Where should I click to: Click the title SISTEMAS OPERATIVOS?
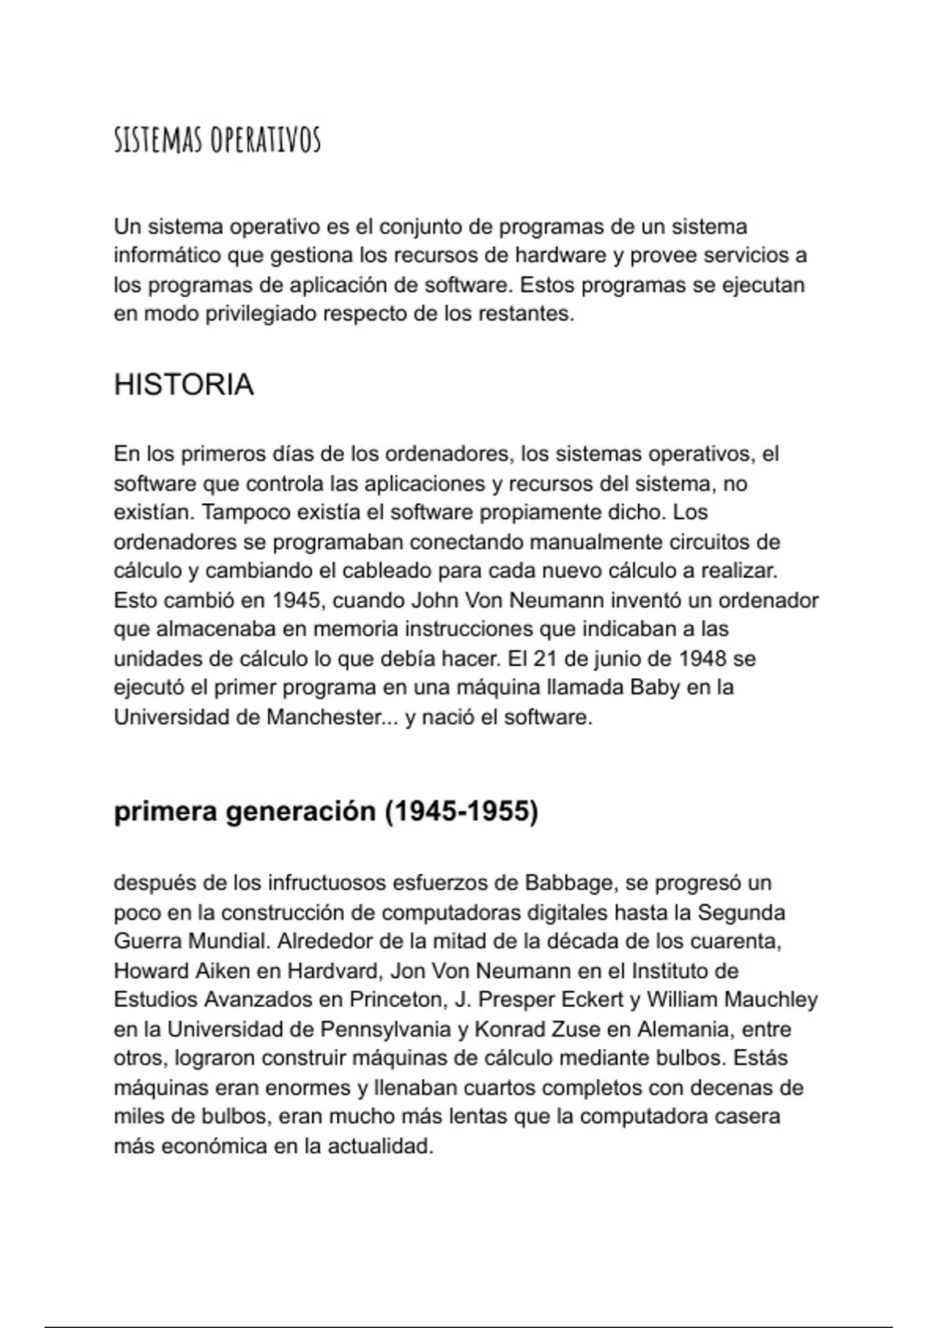click(x=217, y=141)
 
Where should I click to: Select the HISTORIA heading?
click(x=184, y=385)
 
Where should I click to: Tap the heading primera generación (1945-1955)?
click(x=326, y=812)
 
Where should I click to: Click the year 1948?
click(x=703, y=659)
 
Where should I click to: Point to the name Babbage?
click(x=568, y=884)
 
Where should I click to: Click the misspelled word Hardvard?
click(x=333, y=971)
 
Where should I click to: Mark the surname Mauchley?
click(x=771, y=1000)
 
